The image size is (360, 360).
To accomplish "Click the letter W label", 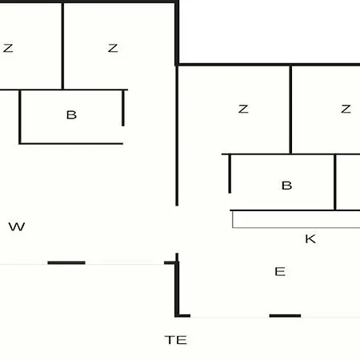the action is click(17, 226).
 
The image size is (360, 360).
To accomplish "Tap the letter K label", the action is click(310, 239).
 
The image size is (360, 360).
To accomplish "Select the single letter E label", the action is click(280, 272).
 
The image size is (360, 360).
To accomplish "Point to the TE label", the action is click(176, 340).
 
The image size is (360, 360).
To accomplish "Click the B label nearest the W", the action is click(71, 115).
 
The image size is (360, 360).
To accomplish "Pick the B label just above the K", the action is click(286, 186).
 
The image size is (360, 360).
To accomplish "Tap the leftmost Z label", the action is click(8, 48).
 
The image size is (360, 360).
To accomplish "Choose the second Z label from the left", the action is click(113, 48).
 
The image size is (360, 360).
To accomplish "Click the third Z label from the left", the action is click(243, 109).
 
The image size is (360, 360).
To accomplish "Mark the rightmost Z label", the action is click(346, 109).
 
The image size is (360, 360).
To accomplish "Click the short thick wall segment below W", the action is click(66, 262).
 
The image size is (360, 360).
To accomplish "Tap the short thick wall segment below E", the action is click(285, 316).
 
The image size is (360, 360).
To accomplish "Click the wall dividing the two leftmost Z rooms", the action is click(62, 46).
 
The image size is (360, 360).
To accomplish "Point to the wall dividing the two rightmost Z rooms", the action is click(290, 110).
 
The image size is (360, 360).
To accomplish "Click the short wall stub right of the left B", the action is click(123, 108).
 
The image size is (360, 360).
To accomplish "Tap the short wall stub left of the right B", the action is click(230, 174).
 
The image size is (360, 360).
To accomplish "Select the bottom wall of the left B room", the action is click(71, 144).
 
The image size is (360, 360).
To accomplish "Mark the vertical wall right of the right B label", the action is click(335, 182).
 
